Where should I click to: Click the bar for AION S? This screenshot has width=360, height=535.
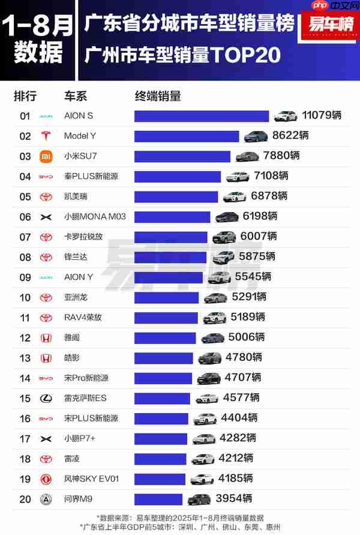click(202, 116)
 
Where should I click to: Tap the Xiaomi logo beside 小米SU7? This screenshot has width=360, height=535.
click(46, 156)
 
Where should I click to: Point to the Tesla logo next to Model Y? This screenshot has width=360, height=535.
click(46, 136)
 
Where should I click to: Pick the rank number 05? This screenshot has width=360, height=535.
click(25, 196)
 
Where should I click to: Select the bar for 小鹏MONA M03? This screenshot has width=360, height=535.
click(172, 217)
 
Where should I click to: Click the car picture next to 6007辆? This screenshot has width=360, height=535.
click(224, 237)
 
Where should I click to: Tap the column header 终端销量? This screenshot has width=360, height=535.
click(158, 96)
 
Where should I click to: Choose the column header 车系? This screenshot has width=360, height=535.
click(76, 96)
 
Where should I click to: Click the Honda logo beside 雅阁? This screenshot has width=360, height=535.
click(46, 338)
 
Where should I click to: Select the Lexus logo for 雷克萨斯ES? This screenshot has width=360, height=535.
click(46, 398)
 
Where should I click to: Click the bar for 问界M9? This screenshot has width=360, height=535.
click(158, 499)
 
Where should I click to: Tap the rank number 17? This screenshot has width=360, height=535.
click(25, 438)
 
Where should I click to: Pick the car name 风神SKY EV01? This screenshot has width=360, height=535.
click(92, 479)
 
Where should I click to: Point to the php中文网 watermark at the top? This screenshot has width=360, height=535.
click(334, 6)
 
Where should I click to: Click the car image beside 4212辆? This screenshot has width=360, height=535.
click(203, 459)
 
